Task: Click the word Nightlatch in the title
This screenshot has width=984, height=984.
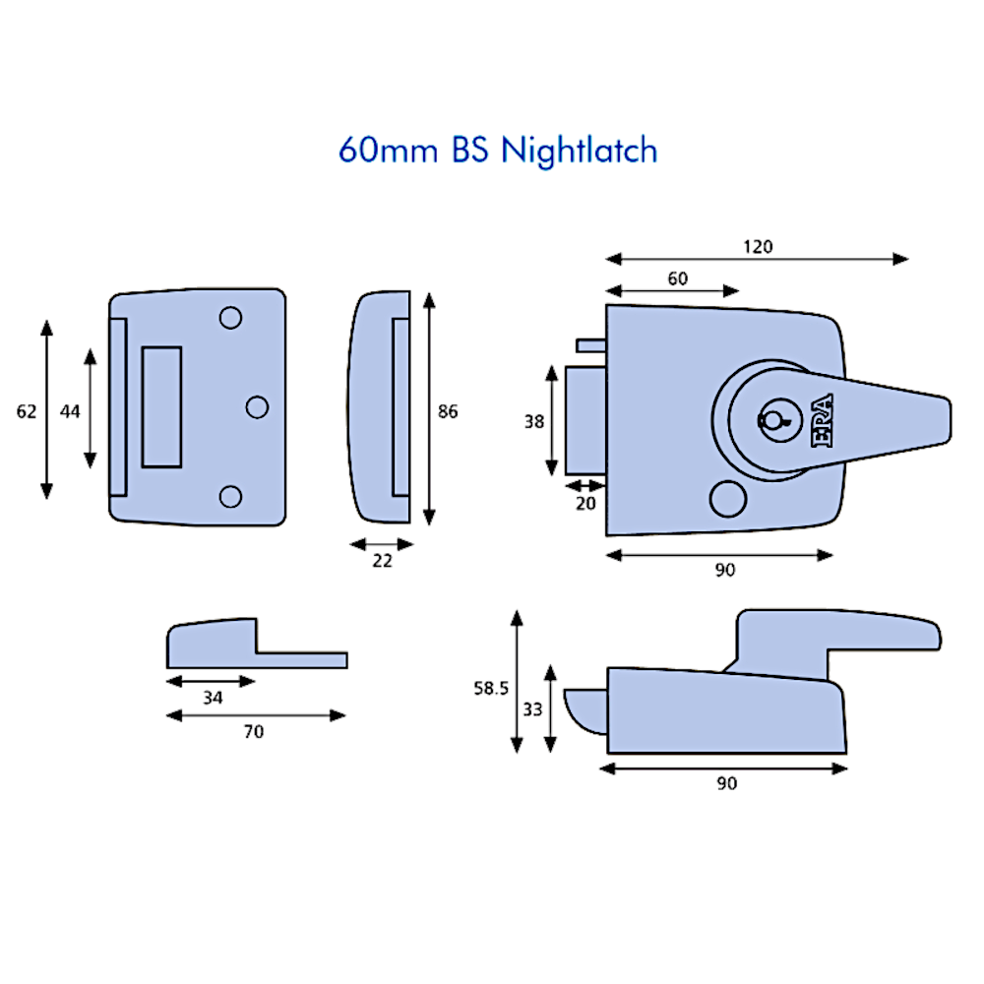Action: [x=579, y=151]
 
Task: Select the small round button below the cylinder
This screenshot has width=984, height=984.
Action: [x=727, y=499]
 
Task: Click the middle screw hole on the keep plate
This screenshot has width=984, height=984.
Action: [x=257, y=405]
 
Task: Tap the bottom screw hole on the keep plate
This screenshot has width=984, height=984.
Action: [x=230, y=495]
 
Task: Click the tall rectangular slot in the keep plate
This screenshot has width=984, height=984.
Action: [x=161, y=406]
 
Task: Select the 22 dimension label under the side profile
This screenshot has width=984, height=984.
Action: [x=383, y=561]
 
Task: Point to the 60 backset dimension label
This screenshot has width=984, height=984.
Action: [x=677, y=278]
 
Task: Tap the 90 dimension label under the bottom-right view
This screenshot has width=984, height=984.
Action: [x=726, y=784]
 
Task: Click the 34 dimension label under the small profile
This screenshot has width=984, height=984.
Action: [x=212, y=698]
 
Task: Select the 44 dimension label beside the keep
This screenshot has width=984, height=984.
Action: [x=69, y=412]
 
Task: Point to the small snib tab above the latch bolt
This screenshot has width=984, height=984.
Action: [x=591, y=344]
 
